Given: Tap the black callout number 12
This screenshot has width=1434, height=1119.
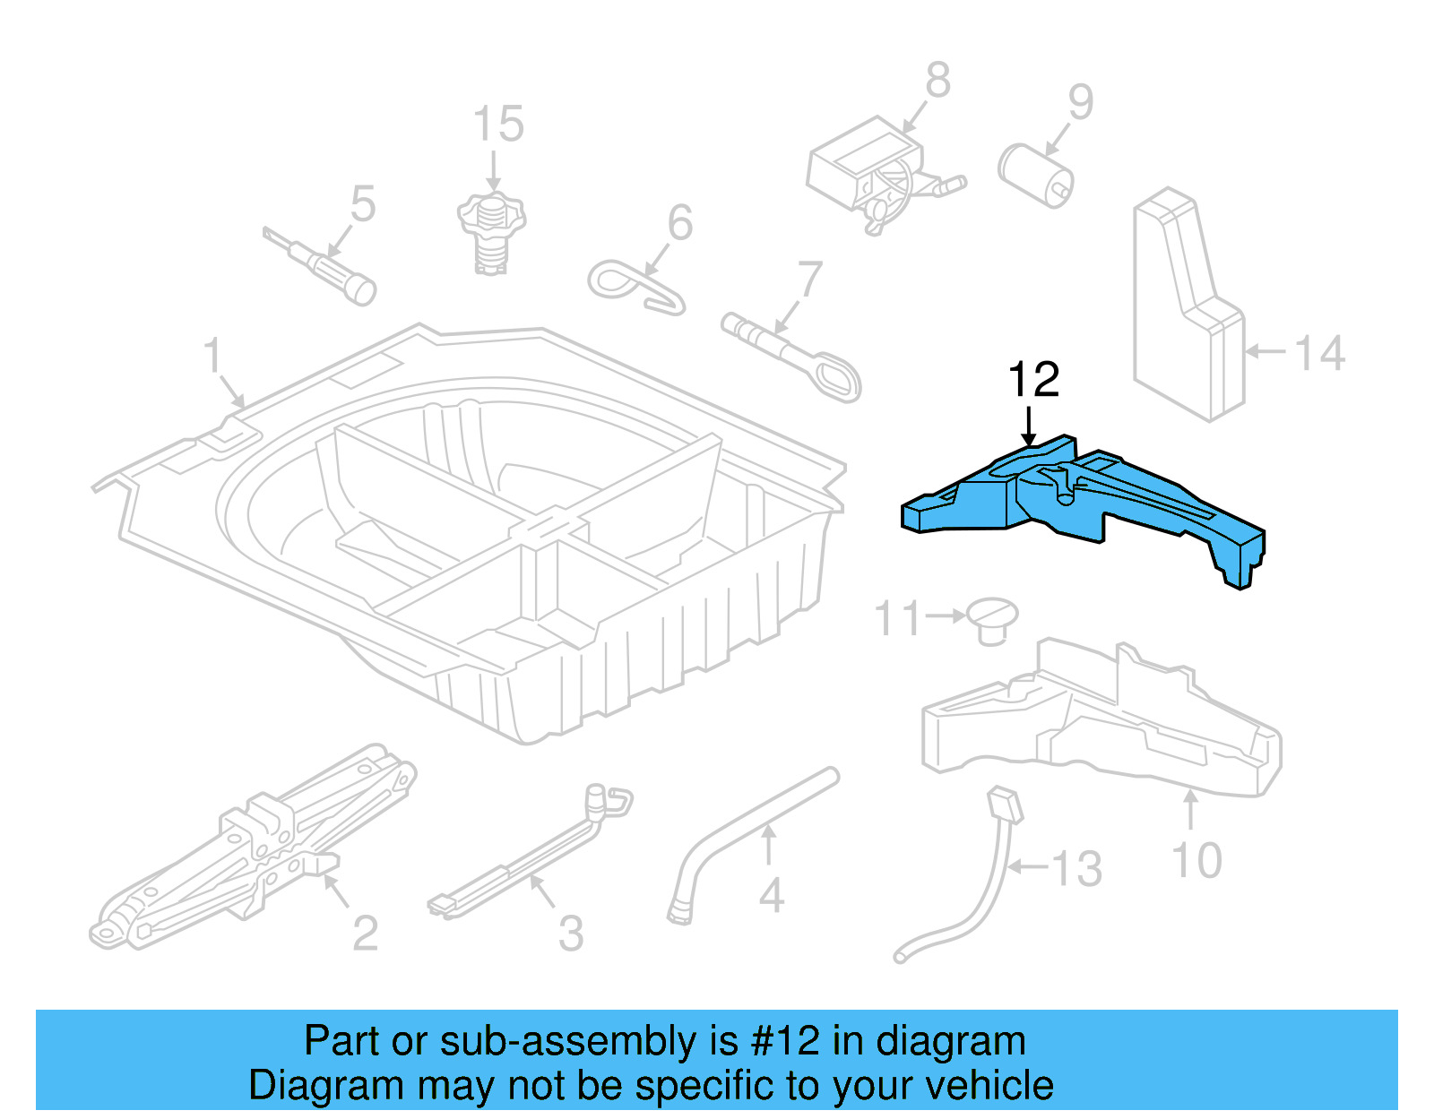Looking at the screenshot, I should tap(1033, 380).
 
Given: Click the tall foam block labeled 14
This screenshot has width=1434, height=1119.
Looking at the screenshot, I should tap(1188, 305).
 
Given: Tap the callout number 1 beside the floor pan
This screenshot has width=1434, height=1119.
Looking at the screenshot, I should tap(212, 356).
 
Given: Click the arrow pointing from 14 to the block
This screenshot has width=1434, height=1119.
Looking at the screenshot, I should tap(1266, 351).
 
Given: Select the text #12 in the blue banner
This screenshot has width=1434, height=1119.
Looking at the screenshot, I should tap(785, 1041).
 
